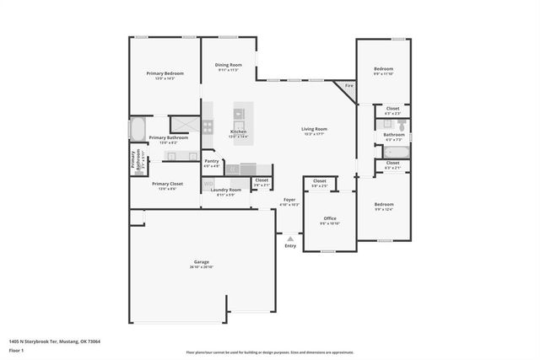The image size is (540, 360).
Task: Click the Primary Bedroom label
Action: click(165, 73)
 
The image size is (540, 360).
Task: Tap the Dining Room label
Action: click(228, 65)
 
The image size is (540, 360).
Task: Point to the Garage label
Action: click(201, 262)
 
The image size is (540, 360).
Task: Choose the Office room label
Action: click(329, 218)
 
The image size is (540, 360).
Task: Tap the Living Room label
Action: click(313, 129)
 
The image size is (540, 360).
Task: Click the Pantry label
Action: click(212, 161)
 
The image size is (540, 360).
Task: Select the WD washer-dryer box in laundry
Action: click(208, 183)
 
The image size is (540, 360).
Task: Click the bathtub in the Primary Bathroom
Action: click(137, 129)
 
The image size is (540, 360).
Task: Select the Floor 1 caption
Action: click(17, 350)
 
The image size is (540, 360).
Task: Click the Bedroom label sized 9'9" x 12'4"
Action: click(384, 204)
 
